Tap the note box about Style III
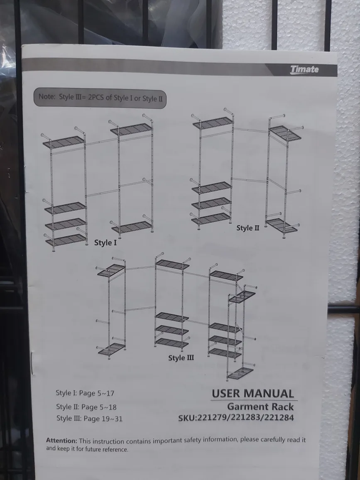coord(100,98)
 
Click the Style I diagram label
coord(105,243)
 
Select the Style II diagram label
coord(248,228)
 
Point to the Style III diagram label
coord(181,358)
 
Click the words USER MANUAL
coord(253,394)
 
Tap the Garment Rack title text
coord(260,407)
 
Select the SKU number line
coord(236,418)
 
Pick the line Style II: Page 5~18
coord(86,407)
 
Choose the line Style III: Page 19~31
coord(89,419)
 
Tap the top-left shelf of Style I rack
coord(64,142)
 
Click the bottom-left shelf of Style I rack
coord(66,240)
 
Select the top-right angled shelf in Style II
coord(285,133)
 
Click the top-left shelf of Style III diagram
coord(110,270)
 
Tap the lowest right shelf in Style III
coord(240,373)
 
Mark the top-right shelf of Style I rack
coord(131,129)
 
